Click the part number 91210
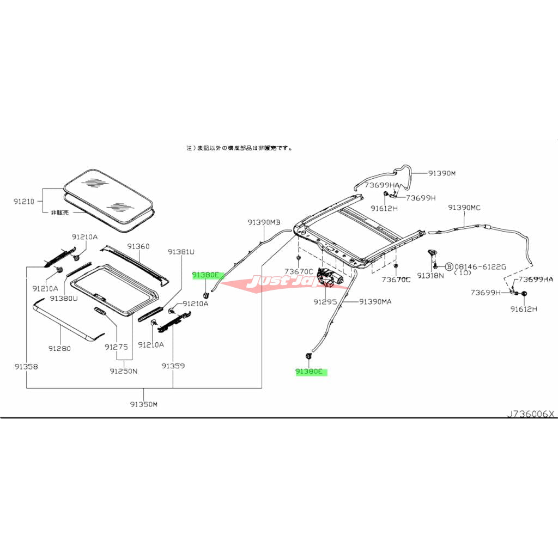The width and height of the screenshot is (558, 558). (24, 202)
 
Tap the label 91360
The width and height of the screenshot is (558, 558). (138, 246)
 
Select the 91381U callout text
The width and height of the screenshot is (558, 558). (181, 252)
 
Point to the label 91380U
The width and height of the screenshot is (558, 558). (64, 299)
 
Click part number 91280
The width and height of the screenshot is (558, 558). (59, 348)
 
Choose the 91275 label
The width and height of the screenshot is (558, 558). (116, 347)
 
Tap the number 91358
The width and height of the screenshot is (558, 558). (26, 367)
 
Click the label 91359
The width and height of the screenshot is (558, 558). (173, 367)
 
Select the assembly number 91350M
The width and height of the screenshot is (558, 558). (144, 404)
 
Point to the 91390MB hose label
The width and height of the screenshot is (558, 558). (263, 222)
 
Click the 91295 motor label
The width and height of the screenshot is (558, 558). (325, 301)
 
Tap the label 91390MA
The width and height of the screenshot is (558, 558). (375, 301)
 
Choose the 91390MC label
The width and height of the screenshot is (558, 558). (464, 208)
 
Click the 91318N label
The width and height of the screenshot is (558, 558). (430, 276)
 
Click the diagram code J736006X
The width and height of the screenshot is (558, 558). (530, 414)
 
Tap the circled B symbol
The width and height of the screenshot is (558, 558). (449, 266)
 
